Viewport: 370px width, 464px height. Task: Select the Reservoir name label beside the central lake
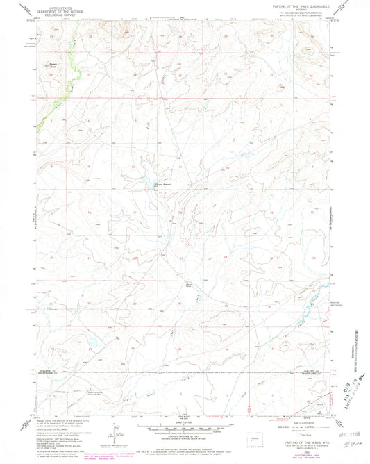[x=162, y=183]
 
